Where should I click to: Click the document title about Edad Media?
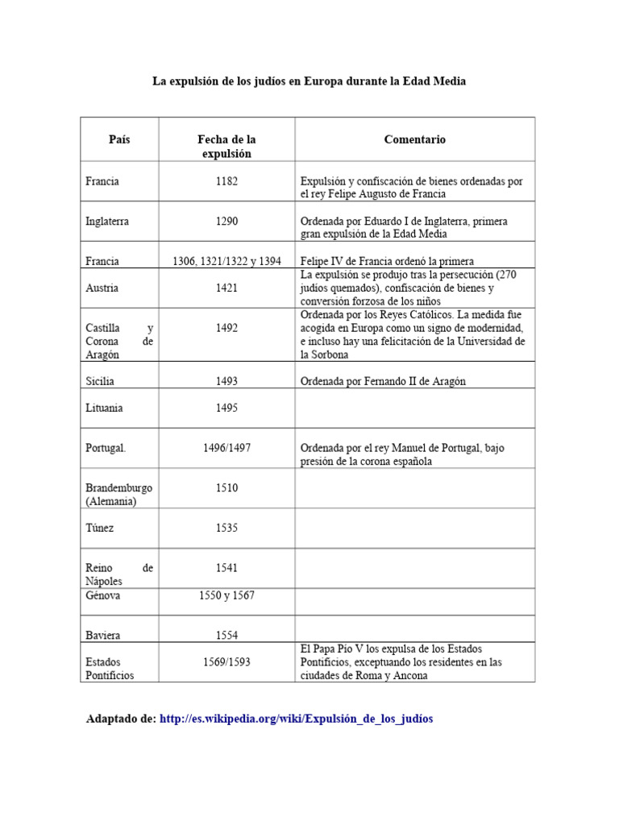click(x=309, y=81)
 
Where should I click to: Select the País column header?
click(x=119, y=139)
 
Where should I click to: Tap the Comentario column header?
click(x=414, y=139)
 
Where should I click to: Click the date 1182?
click(x=226, y=181)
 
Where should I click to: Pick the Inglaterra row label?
click(x=107, y=221)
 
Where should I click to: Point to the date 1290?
click(x=226, y=221)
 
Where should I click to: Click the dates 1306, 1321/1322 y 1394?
click(x=226, y=261)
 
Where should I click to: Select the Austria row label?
click(x=102, y=288)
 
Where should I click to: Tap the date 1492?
click(x=226, y=328)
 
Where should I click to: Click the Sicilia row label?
click(x=101, y=381)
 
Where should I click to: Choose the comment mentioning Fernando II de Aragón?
click(x=383, y=381)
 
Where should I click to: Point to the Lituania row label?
click(x=104, y=408)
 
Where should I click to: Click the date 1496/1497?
click(x=226, y=448)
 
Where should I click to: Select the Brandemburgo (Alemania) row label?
click(x=118, y=494)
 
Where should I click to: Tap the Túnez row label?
click(x=101, y=528)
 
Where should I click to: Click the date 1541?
click(x=226, y=568)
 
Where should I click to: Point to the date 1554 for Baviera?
click(x=226, y=635)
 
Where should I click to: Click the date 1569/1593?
click(x=226, y=662)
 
